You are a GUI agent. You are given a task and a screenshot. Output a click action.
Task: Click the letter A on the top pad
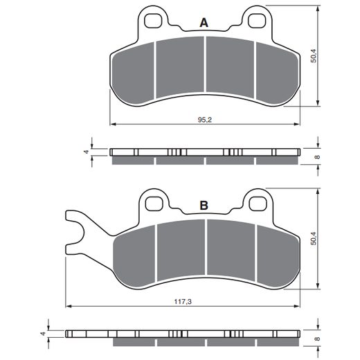click(204, 23)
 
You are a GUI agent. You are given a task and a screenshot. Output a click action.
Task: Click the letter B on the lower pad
click(204, 205)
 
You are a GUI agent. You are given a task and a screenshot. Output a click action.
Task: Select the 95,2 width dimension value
click(205, 120)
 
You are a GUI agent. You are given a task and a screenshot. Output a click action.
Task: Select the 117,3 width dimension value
click(183, 302)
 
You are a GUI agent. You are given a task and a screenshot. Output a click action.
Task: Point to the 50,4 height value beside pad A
click(314, 56)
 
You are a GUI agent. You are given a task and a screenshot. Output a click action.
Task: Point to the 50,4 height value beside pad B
click(314, 238)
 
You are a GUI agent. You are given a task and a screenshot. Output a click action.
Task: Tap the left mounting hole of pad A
click(152, 21)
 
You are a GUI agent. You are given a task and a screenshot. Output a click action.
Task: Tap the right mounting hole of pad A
click(256, 21)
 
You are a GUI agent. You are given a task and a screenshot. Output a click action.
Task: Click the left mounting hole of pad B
click(154, 204)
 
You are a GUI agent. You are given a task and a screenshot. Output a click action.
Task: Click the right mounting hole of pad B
click(258, 204)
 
